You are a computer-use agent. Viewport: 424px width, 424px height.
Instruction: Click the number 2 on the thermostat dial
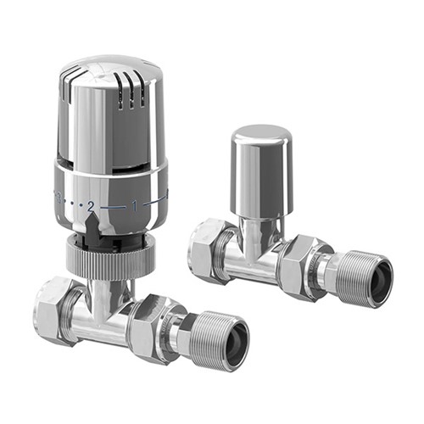tap(91, 206)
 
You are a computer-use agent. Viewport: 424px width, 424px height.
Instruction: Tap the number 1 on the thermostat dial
tap(133, 205)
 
